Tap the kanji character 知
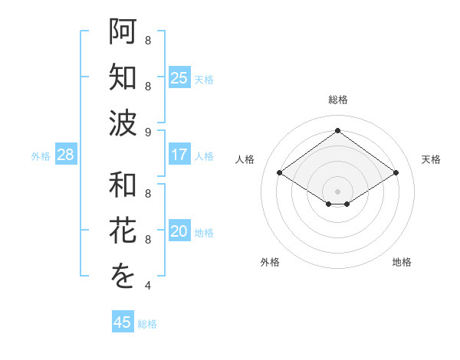(x=123, y=77)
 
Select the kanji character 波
(x=123, y=123)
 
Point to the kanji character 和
(x=123, y=185)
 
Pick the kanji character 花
(x=123, y=231)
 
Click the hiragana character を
(x=123, y=277)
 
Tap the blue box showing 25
(x=179, y=77)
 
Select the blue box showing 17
(x=179, y=155)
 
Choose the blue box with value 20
(x=179, y=232)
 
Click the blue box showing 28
(x=66, y=155)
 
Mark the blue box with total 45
(x=123, y=322)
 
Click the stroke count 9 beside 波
(x=148, y=132)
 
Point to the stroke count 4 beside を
(x=148, y=286)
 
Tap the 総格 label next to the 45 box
(x=148, y=324)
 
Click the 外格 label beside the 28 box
(x=41, y=156)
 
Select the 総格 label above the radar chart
(x=337, y=100)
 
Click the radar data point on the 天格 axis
(x=396, y=173)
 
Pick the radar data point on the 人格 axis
(x=280, y=173)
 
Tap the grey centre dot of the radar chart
(x=337, y=191)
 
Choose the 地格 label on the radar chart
(x=402, y=262)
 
